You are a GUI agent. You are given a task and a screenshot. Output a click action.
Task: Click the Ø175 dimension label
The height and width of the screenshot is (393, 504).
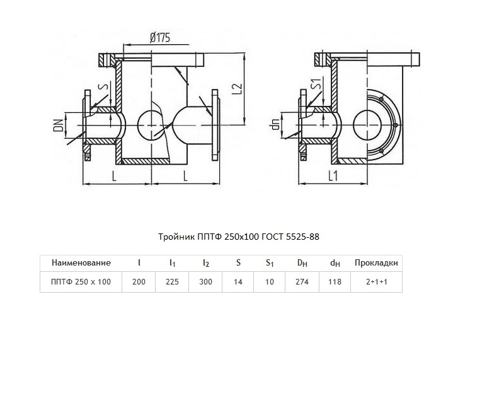coord(160,37)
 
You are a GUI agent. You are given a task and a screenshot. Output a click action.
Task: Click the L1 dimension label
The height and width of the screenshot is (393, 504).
coord(333,176)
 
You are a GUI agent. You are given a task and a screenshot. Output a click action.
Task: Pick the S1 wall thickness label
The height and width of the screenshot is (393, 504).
coord(316,84)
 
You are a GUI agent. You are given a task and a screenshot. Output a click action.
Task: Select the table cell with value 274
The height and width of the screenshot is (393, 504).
coord(302,282)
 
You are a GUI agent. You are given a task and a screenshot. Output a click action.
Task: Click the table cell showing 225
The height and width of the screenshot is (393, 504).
coord(172,282)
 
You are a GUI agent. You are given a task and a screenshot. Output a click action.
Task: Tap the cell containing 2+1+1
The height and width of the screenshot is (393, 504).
coord(376,282)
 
